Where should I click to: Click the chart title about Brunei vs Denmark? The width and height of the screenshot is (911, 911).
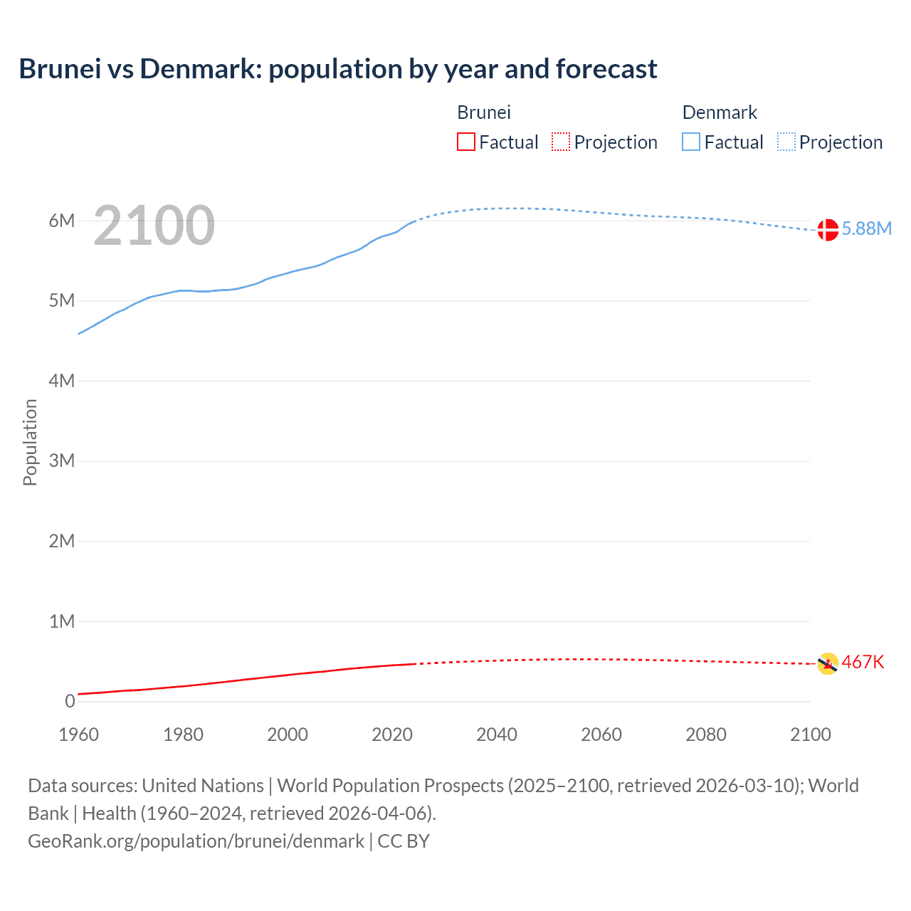(x=337, y=69)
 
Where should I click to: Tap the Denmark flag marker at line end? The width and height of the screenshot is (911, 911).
(x=827, y=230)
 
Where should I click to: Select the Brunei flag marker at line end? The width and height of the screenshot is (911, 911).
(x=827, y=663)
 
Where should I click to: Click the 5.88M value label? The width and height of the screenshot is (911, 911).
(x=866, y=228)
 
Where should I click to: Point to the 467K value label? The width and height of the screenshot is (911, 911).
(x=863, y=663)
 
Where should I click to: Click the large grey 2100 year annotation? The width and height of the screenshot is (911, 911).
(x=154, y=226)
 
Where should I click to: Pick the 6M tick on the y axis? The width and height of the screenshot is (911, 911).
(x=62, y=221)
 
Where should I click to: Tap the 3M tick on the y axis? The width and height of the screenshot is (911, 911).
(x=62, y=460)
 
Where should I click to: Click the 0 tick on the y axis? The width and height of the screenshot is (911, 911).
(x=70, y=701)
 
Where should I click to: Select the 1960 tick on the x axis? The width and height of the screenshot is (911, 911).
(x=78, y=734)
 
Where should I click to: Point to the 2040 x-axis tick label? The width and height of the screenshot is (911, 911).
(x=497, y=734)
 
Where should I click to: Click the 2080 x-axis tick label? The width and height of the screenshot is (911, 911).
(x=706, y=734)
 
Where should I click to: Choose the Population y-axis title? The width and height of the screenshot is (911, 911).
(x=30, y=442)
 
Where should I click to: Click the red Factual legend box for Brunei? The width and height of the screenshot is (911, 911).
(x=465, y=142)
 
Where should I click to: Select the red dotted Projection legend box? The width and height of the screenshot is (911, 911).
(x=561, y=142)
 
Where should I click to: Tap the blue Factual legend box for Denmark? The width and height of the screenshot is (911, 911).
(x=691, y=142)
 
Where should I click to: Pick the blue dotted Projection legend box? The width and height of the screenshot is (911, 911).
(x=786, y=142)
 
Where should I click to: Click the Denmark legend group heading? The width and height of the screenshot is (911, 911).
(x=720, y=112)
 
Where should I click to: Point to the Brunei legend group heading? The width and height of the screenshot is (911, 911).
(x=484, y=112)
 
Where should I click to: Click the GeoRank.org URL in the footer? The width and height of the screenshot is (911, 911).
(x=196, y=841)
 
